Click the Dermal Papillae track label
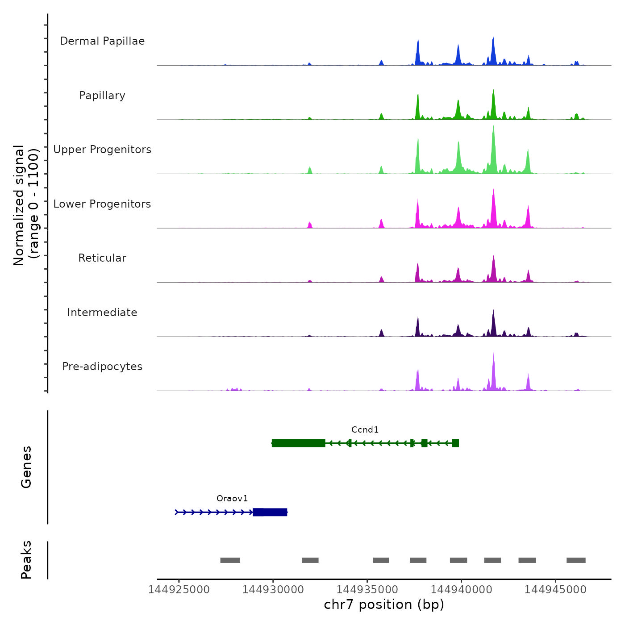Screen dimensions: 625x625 coord(102,41)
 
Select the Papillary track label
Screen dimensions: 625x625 coord(102,96)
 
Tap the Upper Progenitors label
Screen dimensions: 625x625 coord(102,150)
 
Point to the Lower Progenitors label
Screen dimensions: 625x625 coord(102,204)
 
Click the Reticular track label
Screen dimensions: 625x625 coord(102,258)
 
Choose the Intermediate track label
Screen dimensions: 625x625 coord(102,312)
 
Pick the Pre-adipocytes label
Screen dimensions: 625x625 coord(102,367)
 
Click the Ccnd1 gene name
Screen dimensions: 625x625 coord(365,430)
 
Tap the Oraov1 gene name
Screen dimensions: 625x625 coord(232,499)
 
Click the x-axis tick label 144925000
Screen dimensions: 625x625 coord(179,590)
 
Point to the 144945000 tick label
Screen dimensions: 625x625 coord(555,590)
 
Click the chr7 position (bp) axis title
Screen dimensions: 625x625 coord(384,605)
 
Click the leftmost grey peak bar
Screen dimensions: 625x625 coord(230,560)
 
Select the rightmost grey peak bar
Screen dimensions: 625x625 coord(576,560)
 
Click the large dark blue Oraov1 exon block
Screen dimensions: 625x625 coord(270,512)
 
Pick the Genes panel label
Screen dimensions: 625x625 coord(26,467)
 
